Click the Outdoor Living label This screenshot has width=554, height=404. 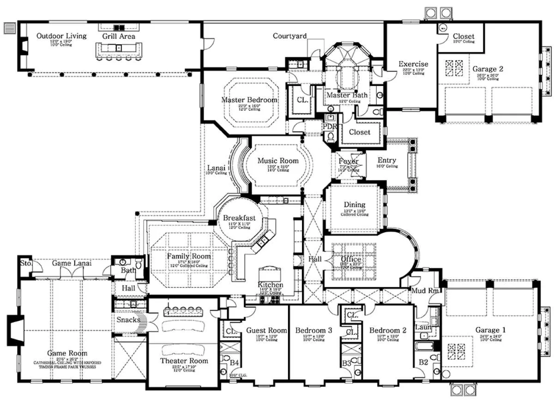[x=61, y=36]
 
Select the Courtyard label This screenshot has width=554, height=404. [x=289, y=36]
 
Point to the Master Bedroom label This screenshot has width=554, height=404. [x=249, y=100]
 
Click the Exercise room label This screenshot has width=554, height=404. [x=413, y=64]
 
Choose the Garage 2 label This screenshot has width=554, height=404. [x=488, y=69]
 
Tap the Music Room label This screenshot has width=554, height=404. [x=278, y=161]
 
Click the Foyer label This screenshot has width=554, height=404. [x=349, y=161]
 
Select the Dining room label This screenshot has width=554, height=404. [x=354, y=205]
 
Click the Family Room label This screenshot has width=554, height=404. [x=189, y=256]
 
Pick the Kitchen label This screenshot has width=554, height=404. [x=270, y=285]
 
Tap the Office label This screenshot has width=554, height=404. [x=351, y=259]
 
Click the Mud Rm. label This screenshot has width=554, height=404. [x=424, y=291]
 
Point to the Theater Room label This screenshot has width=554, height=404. [x=184, y=361]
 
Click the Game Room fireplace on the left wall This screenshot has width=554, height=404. [x=15, y=330]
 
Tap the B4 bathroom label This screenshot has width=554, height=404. [x=235, y=363]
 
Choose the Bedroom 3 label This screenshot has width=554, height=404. [x=314, y=331]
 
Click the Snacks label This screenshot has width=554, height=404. [x=128, y=320]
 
